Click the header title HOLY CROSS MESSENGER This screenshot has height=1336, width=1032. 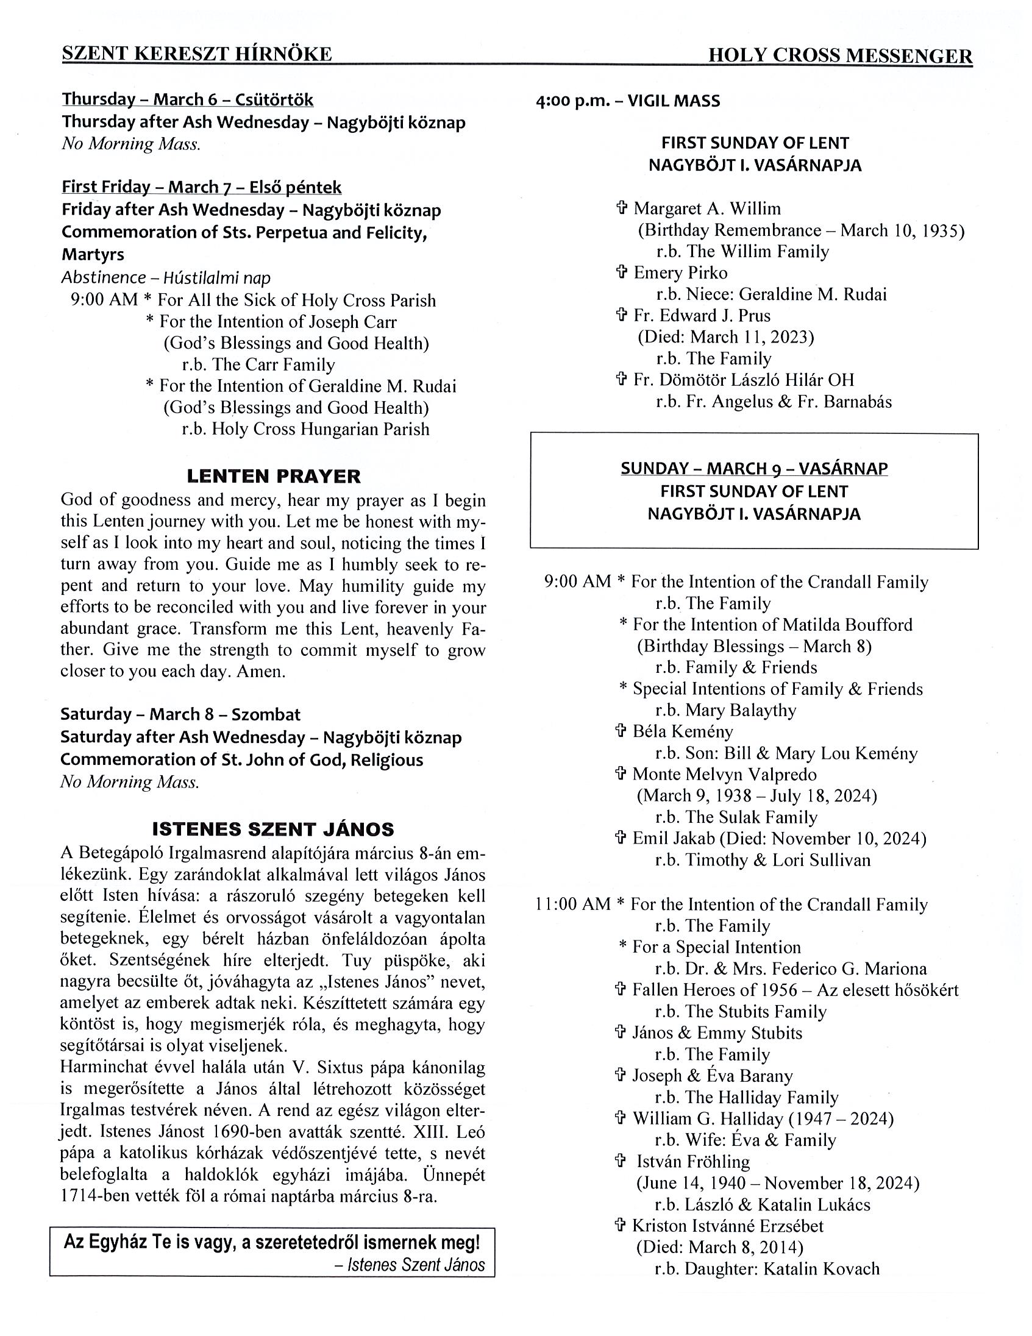point(839,56)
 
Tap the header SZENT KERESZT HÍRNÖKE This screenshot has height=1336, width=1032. point(196,54)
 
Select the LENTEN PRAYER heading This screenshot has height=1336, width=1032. point(274,476)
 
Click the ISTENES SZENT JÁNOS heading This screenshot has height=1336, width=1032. point(273,829)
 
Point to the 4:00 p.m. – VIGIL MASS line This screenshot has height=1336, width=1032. point(628,101)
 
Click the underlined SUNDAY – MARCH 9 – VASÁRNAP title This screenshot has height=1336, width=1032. point(753,469)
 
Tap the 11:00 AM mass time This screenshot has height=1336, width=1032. point(572,904)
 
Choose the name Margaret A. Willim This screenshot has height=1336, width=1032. point(706,208)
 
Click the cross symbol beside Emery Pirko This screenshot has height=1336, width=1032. point(621,272)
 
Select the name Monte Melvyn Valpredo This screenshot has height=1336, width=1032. point(724,775)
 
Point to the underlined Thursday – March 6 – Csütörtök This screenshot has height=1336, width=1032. point(187,100)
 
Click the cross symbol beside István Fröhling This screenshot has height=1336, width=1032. point(620,1161)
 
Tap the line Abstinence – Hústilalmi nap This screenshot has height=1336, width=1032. point(165,278)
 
